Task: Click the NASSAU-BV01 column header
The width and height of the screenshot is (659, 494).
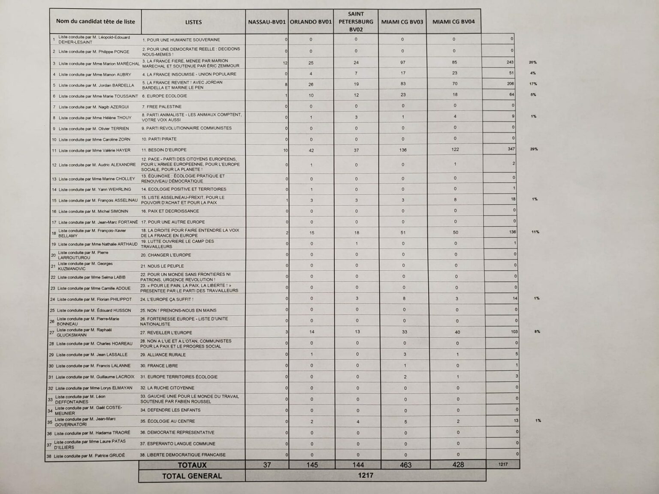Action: (x=267, y=22)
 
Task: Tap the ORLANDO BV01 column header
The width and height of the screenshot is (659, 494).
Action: (x=311, y=22)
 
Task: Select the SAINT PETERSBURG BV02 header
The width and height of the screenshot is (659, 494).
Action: (x=356, y=21)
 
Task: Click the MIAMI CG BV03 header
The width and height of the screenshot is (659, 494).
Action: (x=402, y=22)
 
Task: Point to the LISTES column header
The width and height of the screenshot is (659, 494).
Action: (x=193, y=22)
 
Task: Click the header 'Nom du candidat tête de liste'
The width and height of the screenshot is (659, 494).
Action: (x=95, y=21)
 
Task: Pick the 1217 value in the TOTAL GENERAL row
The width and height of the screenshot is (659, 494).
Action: (x=365, y=475)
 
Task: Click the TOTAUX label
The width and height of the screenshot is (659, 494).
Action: (x=192, y=465)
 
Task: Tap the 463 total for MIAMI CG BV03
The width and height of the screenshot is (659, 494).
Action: (x=405, y=465)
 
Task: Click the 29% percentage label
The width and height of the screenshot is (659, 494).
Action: (x=534, y=149)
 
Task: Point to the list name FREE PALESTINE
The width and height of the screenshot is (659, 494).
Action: (x=164, y=106)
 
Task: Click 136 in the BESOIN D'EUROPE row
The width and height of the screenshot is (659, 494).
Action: (x=402, y=150)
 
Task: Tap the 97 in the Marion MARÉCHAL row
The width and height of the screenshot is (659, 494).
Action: (x=402, y=63)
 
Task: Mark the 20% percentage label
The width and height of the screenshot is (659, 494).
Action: (x=532, y=62)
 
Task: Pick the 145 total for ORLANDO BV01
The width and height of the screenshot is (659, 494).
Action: (x=312, y=465)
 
